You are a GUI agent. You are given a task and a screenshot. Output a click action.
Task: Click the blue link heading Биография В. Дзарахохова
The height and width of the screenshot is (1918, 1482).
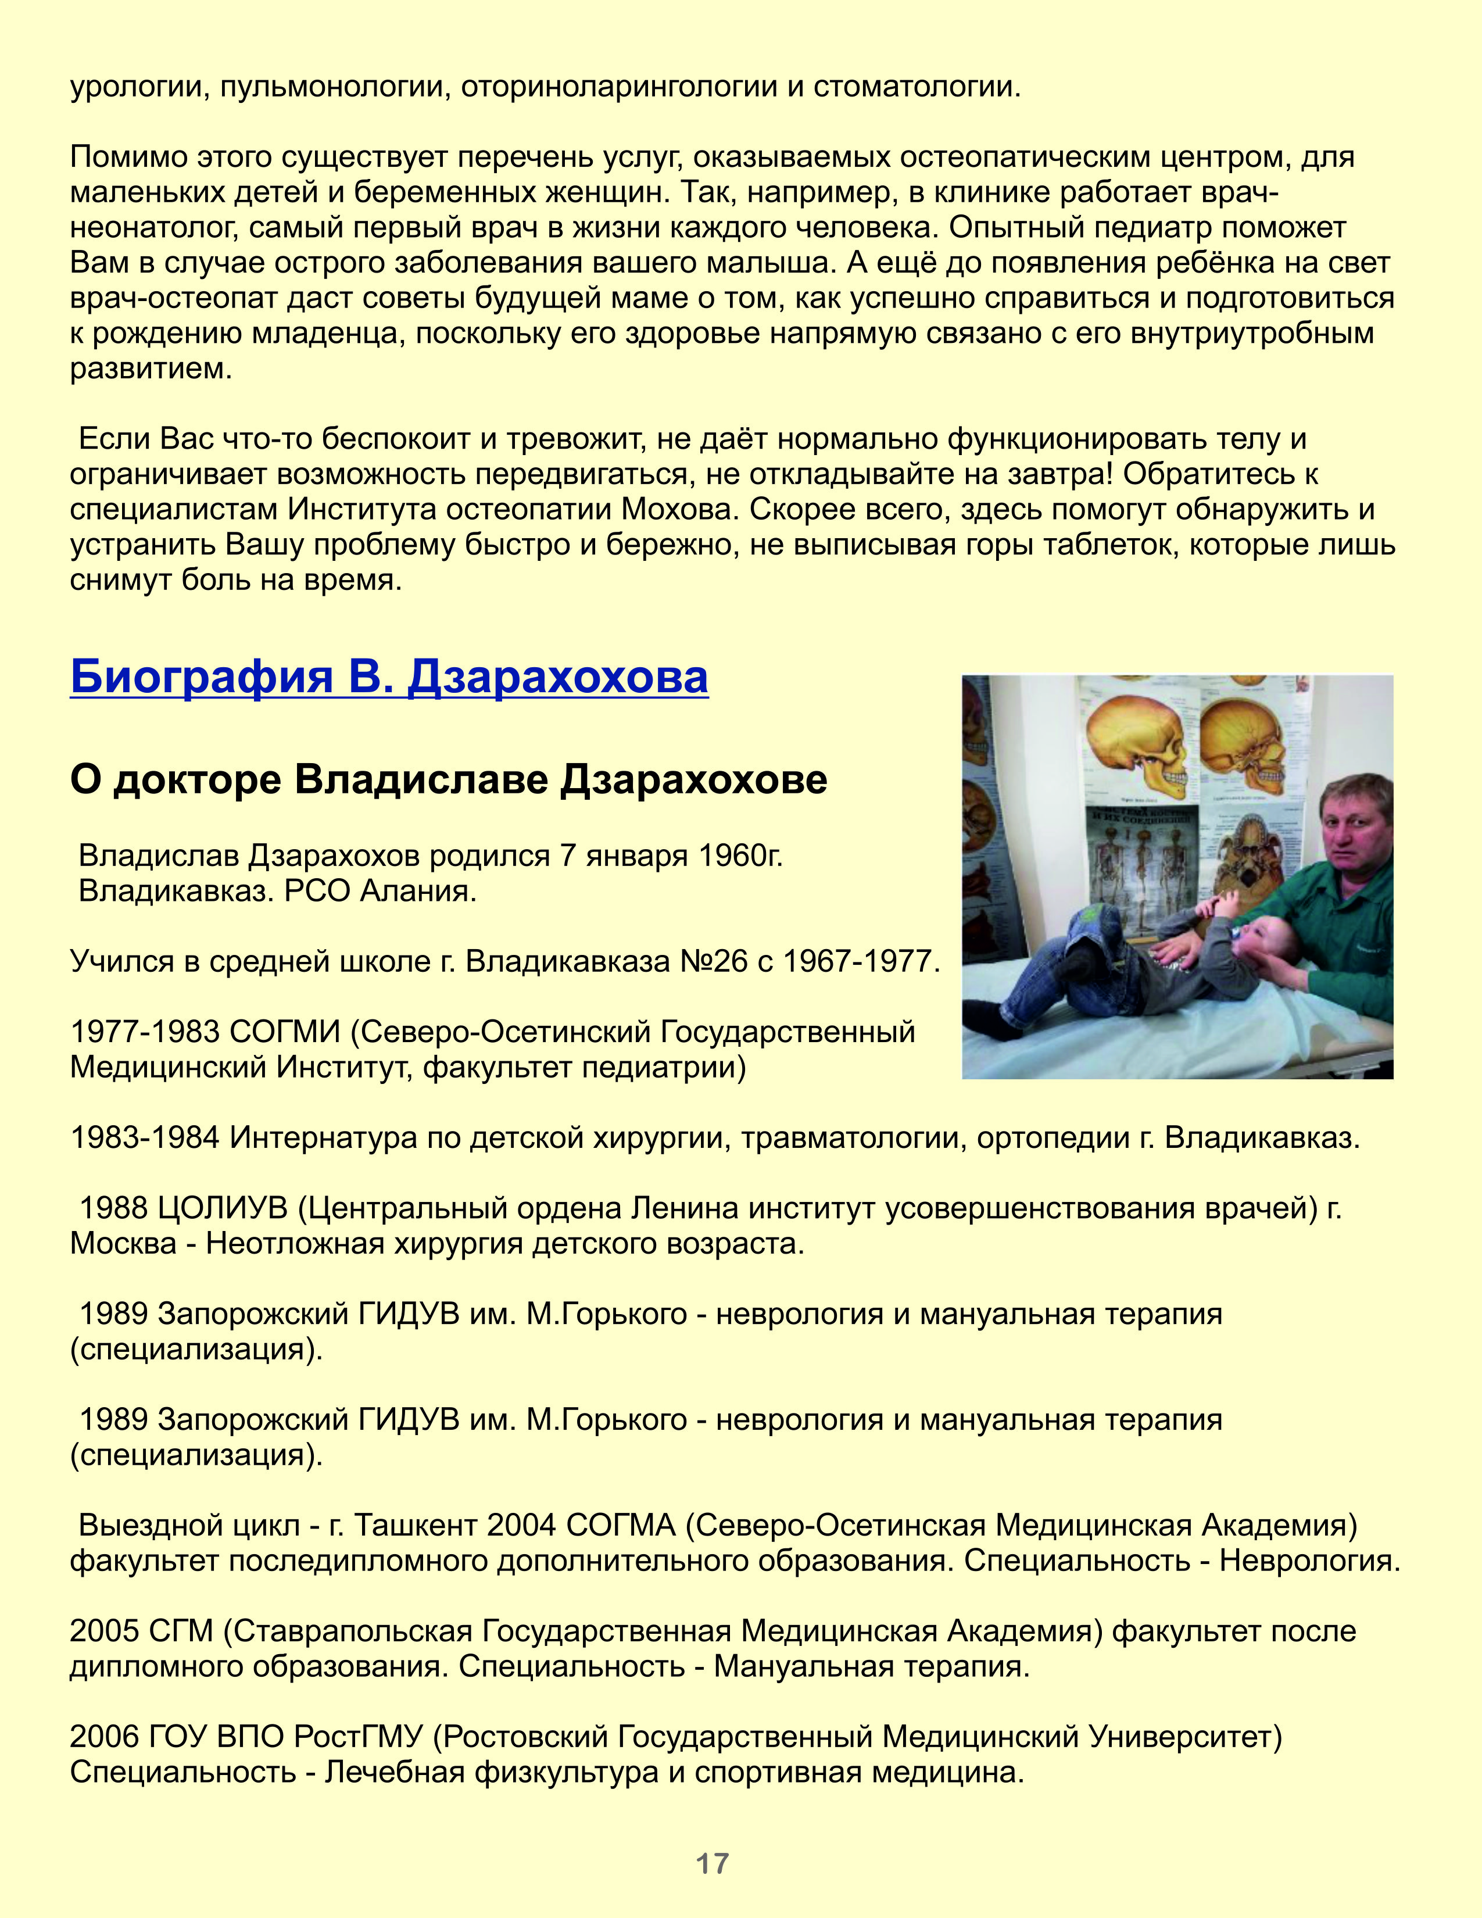(x=389, y=677)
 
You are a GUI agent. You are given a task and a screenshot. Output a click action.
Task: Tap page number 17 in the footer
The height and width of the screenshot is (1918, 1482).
(x=712, y=1863)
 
